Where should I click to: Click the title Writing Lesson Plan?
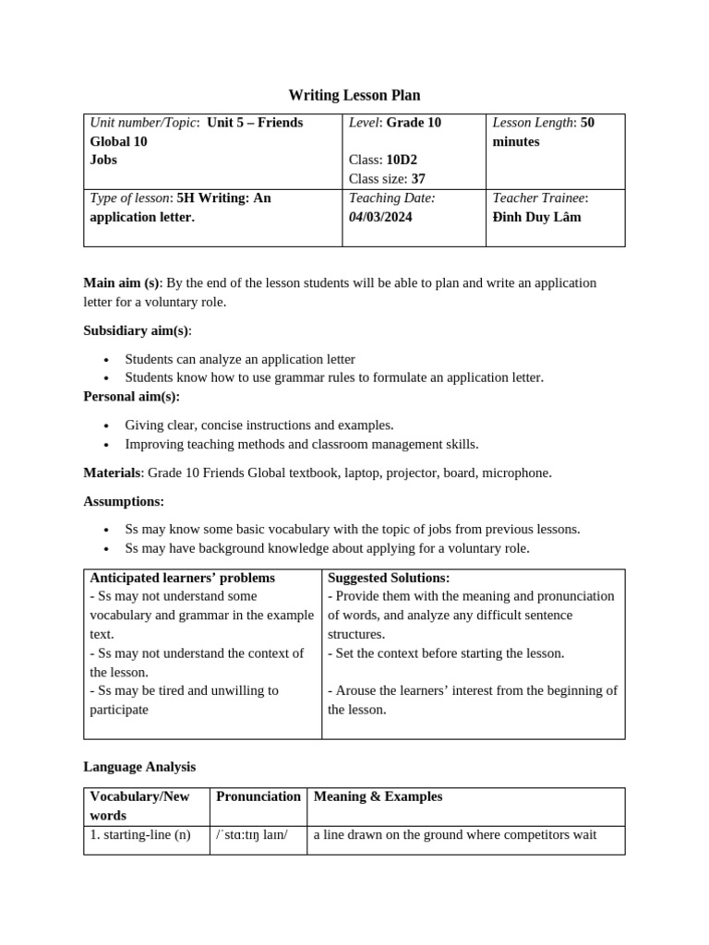[354, 95]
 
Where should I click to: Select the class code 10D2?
[402, 160]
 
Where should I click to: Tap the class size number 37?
[418, 179]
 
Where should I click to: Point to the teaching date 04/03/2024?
[380, 217]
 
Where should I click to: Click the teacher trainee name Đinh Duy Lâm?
[536, 217]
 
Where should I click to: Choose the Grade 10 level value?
[414, 123]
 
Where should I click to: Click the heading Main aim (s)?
[121, 282]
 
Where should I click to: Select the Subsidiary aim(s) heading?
[138, 330]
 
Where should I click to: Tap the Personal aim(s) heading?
[132, 396]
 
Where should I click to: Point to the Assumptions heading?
[124, 501]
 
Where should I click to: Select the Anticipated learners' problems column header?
[182, 578]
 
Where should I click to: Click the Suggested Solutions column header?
[389, 578]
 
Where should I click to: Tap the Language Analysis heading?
[139, 767]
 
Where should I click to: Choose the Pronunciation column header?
[258, 796]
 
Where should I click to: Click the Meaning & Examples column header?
[378, 796]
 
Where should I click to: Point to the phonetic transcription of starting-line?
[251, 835]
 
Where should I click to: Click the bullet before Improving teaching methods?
[107, 445]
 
